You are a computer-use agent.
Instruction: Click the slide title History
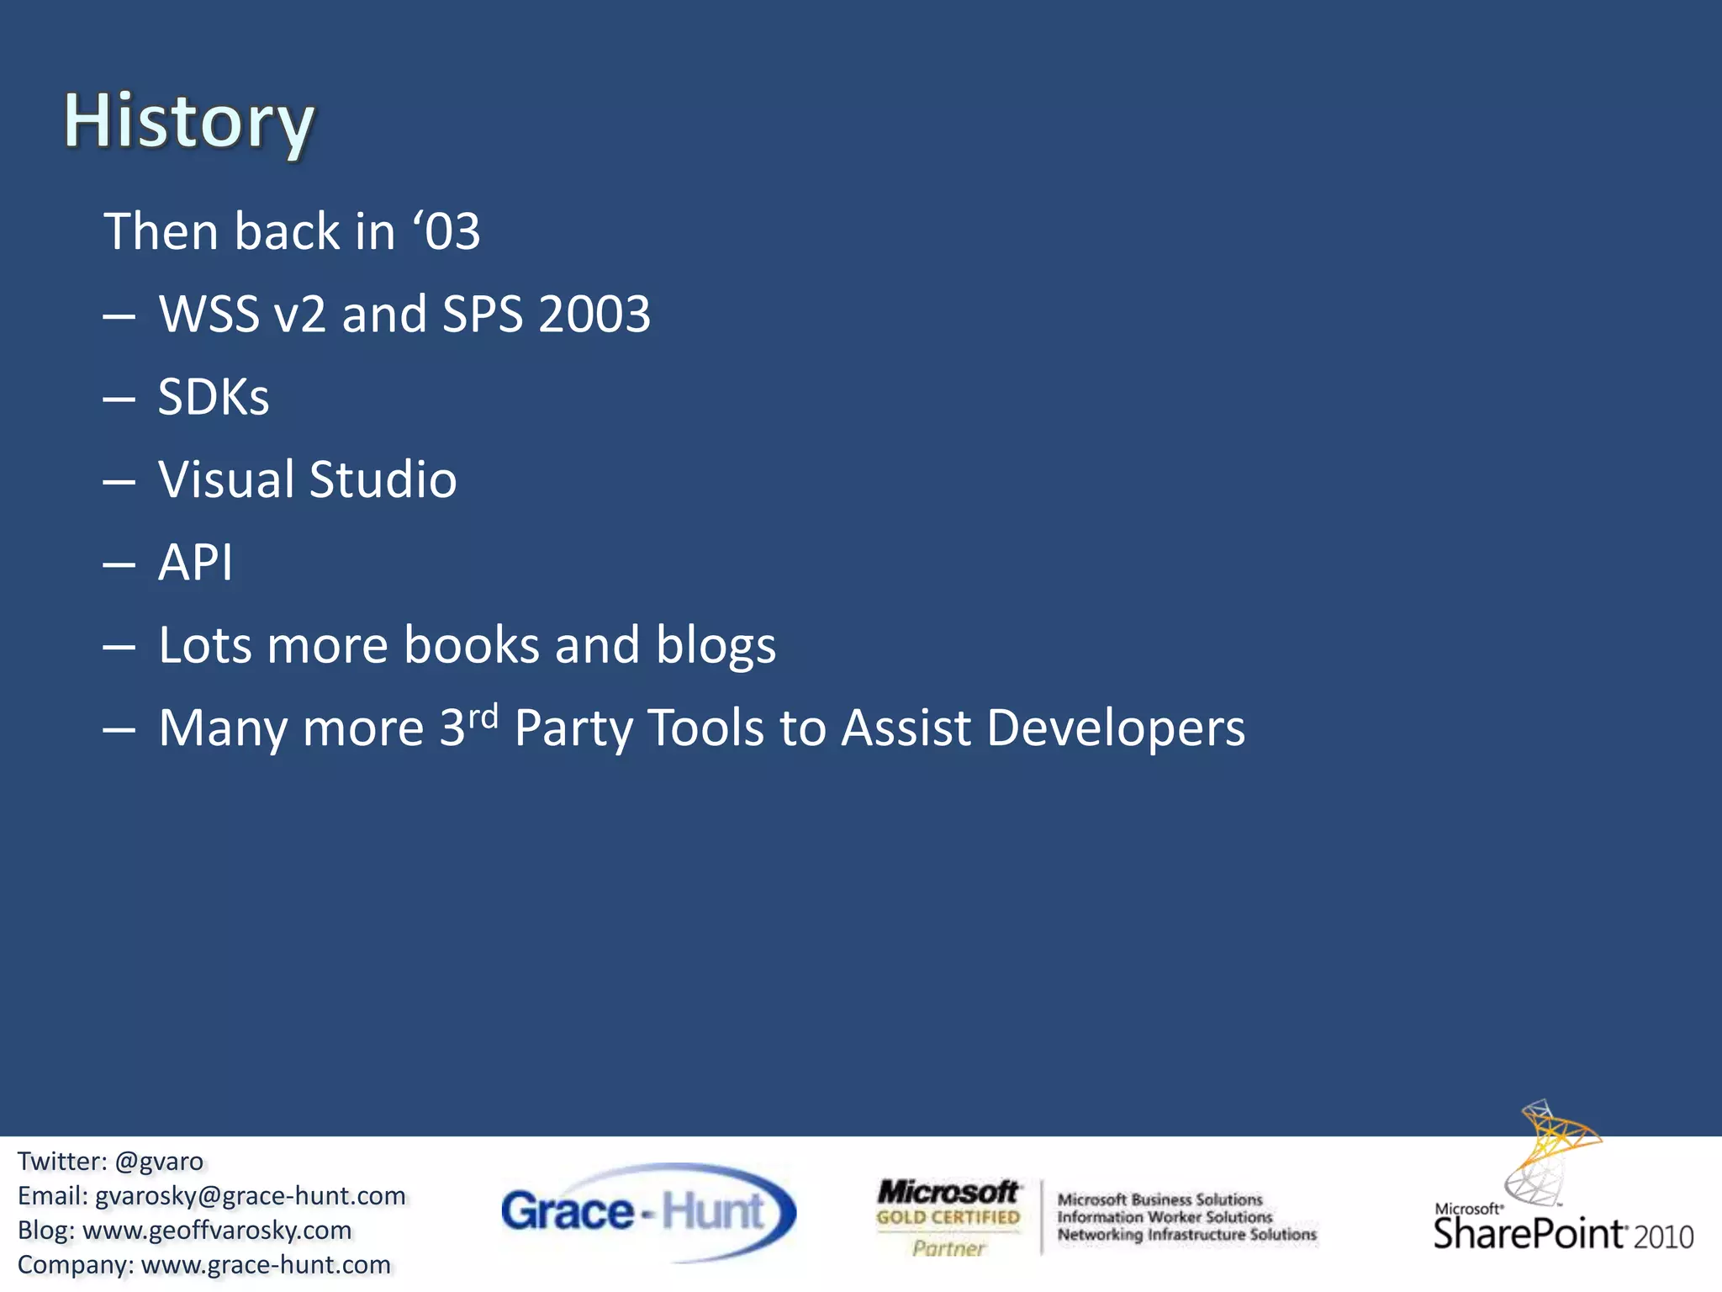(x=189, y=122)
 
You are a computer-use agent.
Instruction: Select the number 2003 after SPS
(x=594, y=315)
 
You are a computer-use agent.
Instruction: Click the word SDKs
(x=214, y=397)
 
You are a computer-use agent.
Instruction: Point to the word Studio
(x=383, y=479)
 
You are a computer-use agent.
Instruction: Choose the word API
(x=195, y=562)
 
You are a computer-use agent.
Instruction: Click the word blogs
(x=715, y=646)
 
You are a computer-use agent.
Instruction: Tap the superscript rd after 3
(x=483, y=717)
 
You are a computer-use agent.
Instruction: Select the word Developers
(x=1115, y=728)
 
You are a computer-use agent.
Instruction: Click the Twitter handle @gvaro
(x=159, y=1162)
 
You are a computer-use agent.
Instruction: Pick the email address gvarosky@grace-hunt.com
(x=250, y=1196)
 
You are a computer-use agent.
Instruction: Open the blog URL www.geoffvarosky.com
(x=217, y=1231)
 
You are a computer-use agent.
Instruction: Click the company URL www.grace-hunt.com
(x=266, y=1265)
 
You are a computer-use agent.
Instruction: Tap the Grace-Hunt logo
(x=647, y=1212)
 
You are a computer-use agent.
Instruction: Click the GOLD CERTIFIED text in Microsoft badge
(x=948, y=1217)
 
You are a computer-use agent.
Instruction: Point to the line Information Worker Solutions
(x=1165, y=1217)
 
